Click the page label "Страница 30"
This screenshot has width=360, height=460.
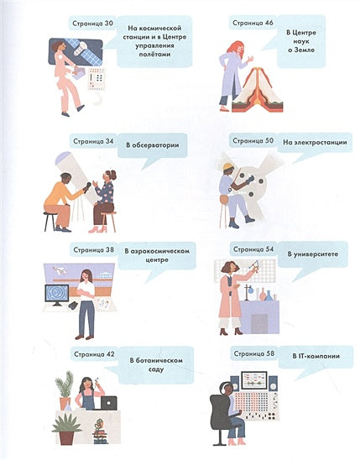coord(92,24)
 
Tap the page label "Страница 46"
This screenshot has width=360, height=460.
coord(253,23)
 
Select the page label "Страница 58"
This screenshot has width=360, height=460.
coord(254,353)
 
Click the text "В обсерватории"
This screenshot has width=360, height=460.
coord(153,145)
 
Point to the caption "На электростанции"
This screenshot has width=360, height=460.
coord(315,143)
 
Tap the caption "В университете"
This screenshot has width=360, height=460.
coord(312,254)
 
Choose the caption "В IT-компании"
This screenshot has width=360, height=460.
coord(316,356)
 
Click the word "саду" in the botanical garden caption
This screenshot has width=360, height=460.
coord(156,369)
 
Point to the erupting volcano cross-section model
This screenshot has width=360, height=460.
coord(258,91)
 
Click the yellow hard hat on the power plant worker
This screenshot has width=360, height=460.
coord(227,167)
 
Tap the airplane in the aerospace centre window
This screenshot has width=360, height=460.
coord(60,270)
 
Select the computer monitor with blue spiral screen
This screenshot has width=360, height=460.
coord(57,295)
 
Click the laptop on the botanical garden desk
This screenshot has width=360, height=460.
coord(109,403)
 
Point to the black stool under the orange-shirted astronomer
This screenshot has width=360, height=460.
coord(50,221)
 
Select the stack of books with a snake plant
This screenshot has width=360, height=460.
coord(100,431)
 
